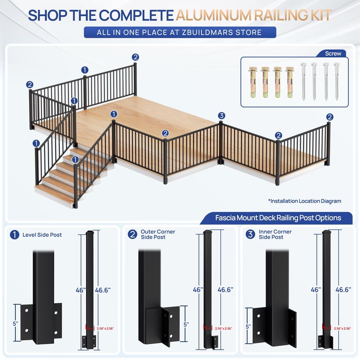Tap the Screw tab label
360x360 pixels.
pyautogui.click(x=333, y=54)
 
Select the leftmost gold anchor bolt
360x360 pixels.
pyautogui.click(x=253, y=82)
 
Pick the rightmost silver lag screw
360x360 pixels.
pyautogui.click(x=337, y=81)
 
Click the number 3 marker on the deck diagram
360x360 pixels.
pyautogui.click(x=221, y=116)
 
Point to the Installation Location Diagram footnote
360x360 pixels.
pyautogui.click(x=305, y=201)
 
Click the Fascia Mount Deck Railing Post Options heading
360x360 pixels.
pyautogui.click(x=278, y=218)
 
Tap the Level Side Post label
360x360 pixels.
pyautogui.click(x=42, y=235)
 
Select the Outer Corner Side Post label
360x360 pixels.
pyautogui.click(x=158, y=234)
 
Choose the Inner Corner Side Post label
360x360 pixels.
pyautogui.click(x=275, y=234)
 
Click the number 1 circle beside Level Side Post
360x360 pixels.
pyautogui.click(x=14, y=235)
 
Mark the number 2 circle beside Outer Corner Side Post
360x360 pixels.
pyautogui.click(x=132, y=234)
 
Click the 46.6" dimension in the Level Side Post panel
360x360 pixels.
pyautogui.click(x=103, y=290)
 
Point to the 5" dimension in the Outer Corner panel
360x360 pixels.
pyautogui.click(x=186, y=324)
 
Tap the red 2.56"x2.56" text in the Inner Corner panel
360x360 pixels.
pyautogui.click(x=342, y=328)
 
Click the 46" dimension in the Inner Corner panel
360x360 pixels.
pyautogui.click(x=316, y=290)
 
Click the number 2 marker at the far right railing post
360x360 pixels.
pyautogui.click(x=330, y=117)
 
